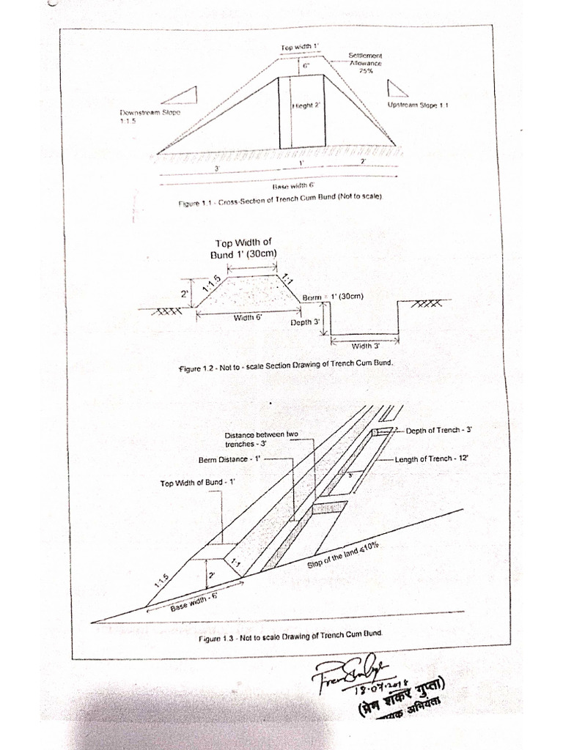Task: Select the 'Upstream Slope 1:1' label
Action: tap(418, 105)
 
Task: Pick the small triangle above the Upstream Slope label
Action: tap(397, 88)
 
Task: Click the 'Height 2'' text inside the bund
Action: tap(308, 105)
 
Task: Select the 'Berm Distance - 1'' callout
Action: tap(229, 460)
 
